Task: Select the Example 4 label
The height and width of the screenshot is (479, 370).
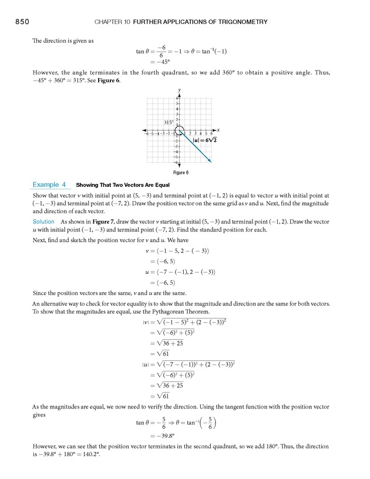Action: coord(49,185)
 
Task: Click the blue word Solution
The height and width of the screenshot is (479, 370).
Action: coord(43,221)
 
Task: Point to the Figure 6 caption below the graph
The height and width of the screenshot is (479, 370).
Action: coord(180,173)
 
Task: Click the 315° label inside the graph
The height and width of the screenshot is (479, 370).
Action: coord(169,122)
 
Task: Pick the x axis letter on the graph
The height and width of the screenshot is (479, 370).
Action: coord(218,129)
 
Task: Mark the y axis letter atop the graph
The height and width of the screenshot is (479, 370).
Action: coord(179,90)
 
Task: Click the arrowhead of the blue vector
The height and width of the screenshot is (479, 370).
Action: coord(210,160)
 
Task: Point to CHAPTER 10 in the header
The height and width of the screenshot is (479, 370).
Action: coord(112,22)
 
